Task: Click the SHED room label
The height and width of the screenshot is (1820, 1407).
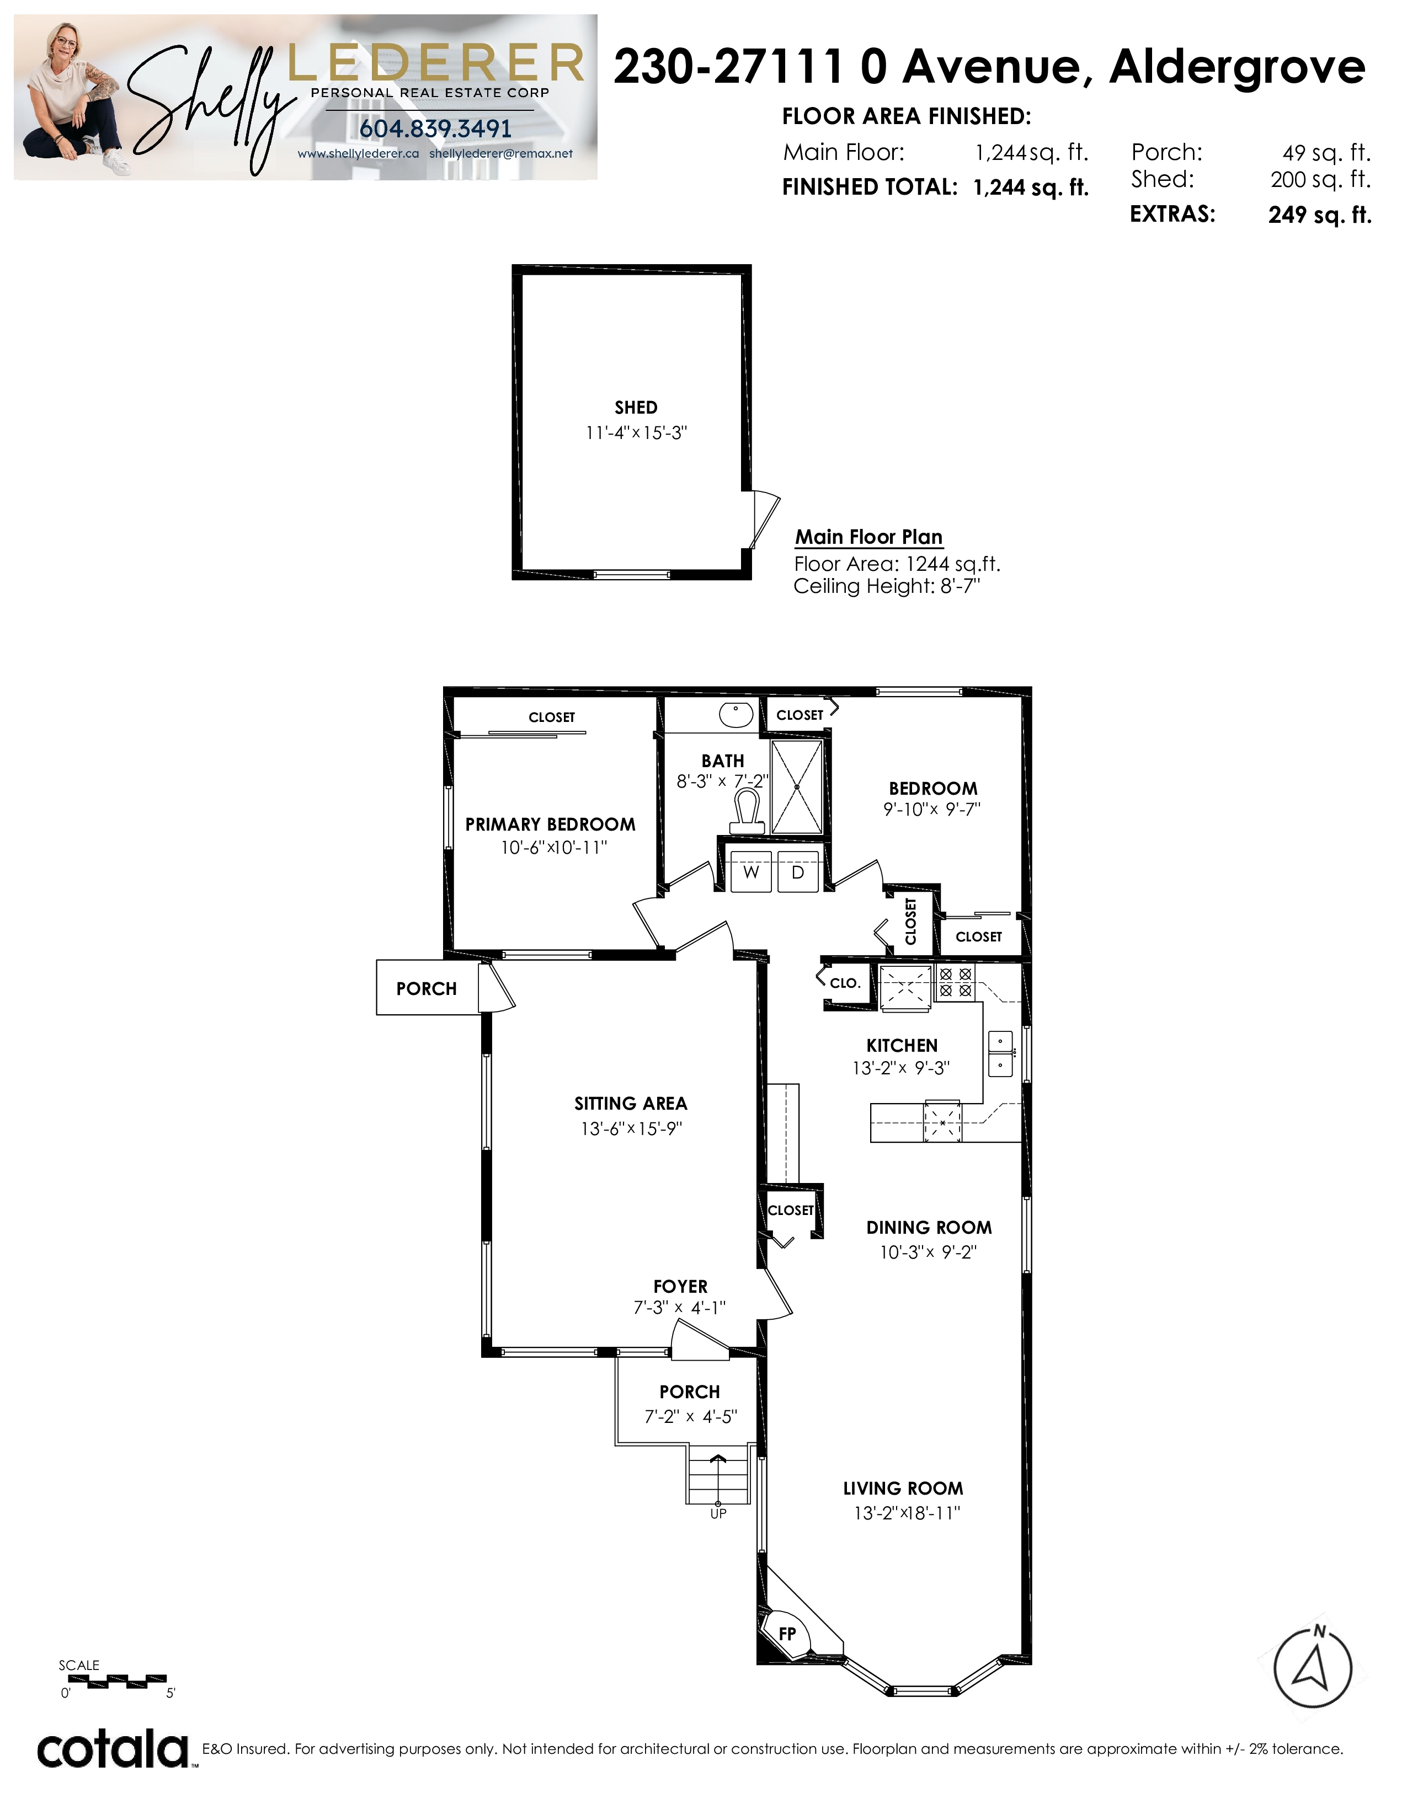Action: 636,408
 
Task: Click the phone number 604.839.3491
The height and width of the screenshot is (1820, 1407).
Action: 435,129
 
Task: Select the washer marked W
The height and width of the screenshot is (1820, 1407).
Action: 751,871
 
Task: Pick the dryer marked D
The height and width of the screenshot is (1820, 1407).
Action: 798,871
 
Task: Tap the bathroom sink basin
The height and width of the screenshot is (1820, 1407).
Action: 736,714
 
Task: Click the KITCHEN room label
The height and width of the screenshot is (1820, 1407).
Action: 902,1045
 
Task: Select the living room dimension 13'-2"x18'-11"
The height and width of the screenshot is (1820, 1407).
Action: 907,1512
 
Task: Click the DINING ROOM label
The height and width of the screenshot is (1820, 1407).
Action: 929,1228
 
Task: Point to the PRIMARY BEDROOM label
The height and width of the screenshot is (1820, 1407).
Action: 550,824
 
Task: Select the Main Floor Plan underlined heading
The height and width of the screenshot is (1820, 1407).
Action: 868,538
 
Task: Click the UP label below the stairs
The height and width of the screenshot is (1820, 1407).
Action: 718,1513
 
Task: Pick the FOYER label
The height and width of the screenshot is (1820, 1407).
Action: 680,1287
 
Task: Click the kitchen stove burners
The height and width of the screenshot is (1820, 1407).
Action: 955,982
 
